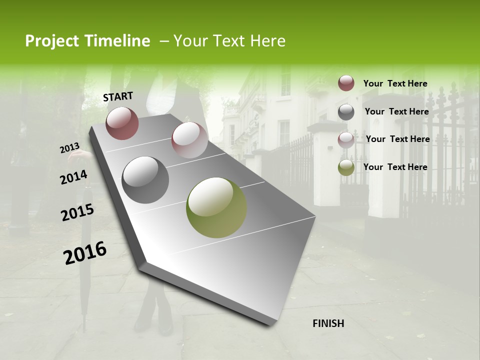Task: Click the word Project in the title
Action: pos(52,41)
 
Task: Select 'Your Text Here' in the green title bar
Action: pos(229,41)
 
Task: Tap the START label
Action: pos(118,96)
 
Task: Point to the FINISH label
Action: pos(328,323)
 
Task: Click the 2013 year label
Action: pos(69,148)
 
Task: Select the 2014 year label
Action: pos(73,177)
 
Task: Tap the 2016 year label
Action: pos(85,253)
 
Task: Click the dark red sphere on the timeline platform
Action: pos(122,123)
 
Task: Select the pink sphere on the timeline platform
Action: pos(189,139)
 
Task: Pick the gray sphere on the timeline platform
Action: pos(145,180)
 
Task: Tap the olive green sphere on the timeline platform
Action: pos(216,207)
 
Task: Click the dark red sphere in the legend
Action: pos(346,83)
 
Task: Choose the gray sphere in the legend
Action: pos(346,112)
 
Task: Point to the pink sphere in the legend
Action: pos(346,140)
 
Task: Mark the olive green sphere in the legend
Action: pos(346,167)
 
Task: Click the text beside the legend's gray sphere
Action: pos(396,111)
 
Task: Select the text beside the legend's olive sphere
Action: pos(395,167)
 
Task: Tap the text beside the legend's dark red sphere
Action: pos(395,83)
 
